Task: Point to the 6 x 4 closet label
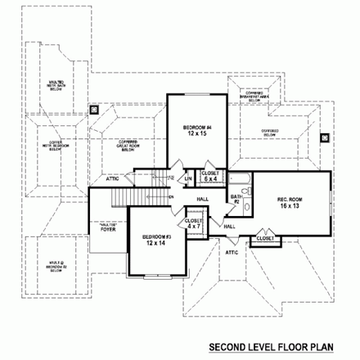(x=210, y=176)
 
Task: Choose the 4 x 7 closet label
(x=193, y=224)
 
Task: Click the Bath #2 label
(x=235, y=199)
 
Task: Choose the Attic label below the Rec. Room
(x=232, y=253)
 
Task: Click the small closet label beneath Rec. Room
(x=264, y=238)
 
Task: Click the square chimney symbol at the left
(x=94, y=106)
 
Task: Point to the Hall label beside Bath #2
(x=230, y=226)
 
